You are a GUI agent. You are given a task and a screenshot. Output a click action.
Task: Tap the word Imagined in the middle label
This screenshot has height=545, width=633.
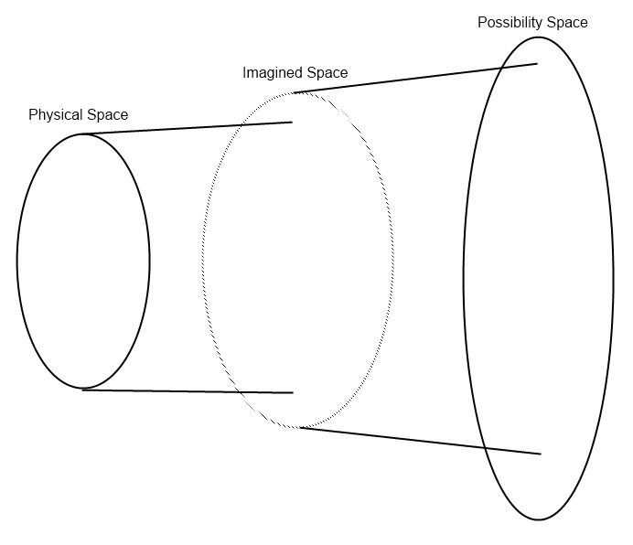click(x=271, y=72)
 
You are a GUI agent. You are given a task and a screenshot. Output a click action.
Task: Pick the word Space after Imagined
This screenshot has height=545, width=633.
click(x=325, y=72)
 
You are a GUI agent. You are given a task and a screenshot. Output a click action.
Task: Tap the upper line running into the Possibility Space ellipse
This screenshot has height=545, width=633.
click(x=412, y=78)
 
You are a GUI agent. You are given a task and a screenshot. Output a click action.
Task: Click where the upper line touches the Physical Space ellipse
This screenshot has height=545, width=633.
click(x=83, y=134)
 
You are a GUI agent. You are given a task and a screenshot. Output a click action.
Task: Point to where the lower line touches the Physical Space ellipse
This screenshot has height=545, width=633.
click(x=83, y=390)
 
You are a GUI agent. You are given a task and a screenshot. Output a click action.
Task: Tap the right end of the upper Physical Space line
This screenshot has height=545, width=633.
click(x=292, y=122)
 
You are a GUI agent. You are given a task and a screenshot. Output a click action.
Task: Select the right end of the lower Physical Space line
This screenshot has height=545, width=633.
click(x=292, y=392)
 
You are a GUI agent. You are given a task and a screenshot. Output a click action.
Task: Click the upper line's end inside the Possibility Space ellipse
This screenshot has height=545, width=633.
click(x=537, y=63)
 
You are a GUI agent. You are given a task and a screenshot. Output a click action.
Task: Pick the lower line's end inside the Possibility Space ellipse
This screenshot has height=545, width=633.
click(x=541, y=454)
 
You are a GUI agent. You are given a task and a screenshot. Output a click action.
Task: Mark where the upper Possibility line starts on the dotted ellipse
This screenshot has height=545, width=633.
click(x=294, y=92)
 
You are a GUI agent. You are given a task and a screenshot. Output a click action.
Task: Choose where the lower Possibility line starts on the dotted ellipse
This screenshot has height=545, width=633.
click(x=299, y=427)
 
